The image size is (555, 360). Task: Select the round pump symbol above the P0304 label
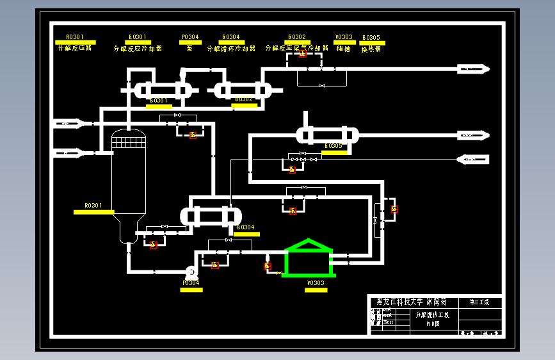(x=190, y=272)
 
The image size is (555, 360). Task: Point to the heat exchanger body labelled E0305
(x=327, y=135)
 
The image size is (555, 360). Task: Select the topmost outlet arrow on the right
(x=473, y=69)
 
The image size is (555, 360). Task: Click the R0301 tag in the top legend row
(x=74, y=37)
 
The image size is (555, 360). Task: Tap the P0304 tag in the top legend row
(x=190, y=37)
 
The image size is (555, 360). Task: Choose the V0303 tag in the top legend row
(x=344, y=37)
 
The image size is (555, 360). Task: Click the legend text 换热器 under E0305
(x=371, y=49)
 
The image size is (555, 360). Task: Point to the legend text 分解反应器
(x=74, y=48)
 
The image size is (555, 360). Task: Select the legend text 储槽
(x=344, y=49)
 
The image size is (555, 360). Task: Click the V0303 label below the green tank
(x=316, y=283)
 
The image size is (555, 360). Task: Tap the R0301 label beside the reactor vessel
(x=93, y=206)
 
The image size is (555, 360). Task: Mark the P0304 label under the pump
(x=191, y=283)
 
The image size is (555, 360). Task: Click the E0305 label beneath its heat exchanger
(x=334, y=147)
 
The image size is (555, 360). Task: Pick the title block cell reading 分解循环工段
(x=433, y=315)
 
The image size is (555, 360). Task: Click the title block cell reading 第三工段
(x=479, y=302)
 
